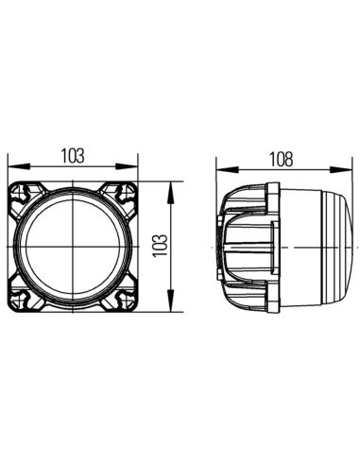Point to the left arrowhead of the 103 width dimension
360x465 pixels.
click(x=12, y=171)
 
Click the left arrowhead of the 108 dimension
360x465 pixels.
click(x=221, y=171)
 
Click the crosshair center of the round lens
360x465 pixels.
click(x=73, y=248)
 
